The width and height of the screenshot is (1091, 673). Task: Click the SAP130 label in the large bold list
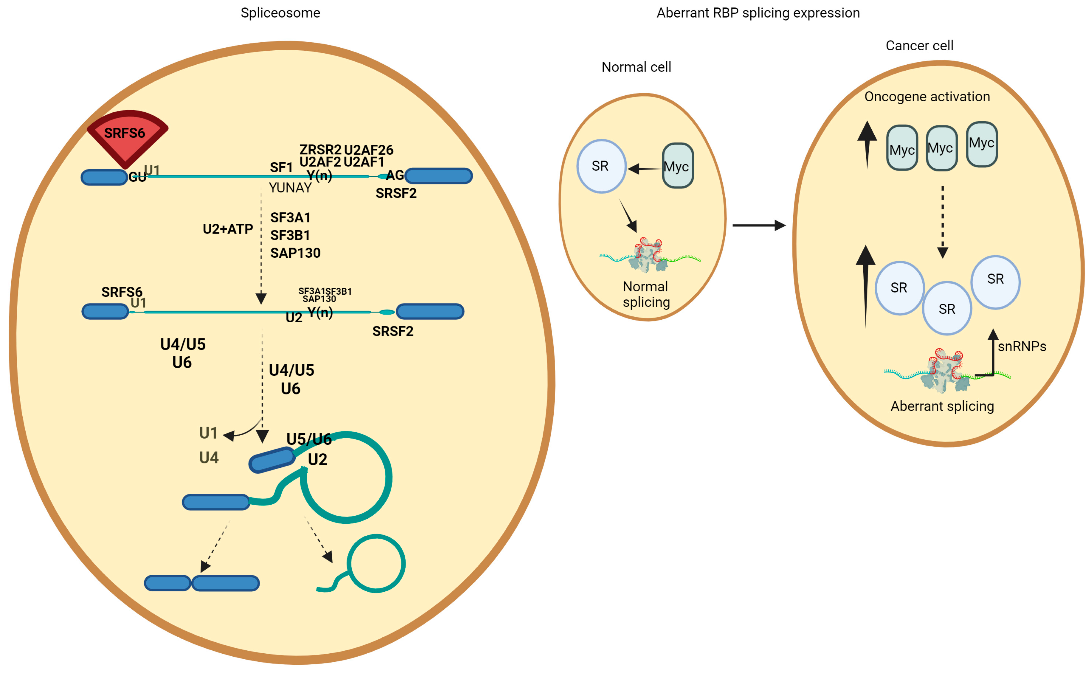tap(295, 253)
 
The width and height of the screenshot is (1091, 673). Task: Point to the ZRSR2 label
tap(320, 150)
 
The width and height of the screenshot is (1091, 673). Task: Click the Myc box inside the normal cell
tap(677, 166)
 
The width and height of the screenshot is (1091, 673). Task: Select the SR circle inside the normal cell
tap(601, 166)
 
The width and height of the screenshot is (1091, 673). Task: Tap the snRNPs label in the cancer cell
tap(1022, 346)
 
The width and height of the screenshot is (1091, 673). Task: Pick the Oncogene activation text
tap(927, 97)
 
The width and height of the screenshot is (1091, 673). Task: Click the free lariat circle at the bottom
tap(376, 563)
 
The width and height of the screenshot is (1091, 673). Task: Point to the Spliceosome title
tap(280, 13)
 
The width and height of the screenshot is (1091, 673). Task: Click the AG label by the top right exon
tap(394, 175)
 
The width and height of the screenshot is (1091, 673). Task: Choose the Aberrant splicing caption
tap(942, 406)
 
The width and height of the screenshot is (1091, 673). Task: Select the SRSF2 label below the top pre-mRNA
tap(396, 193)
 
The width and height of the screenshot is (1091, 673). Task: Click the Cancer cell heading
tap(919, 45)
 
